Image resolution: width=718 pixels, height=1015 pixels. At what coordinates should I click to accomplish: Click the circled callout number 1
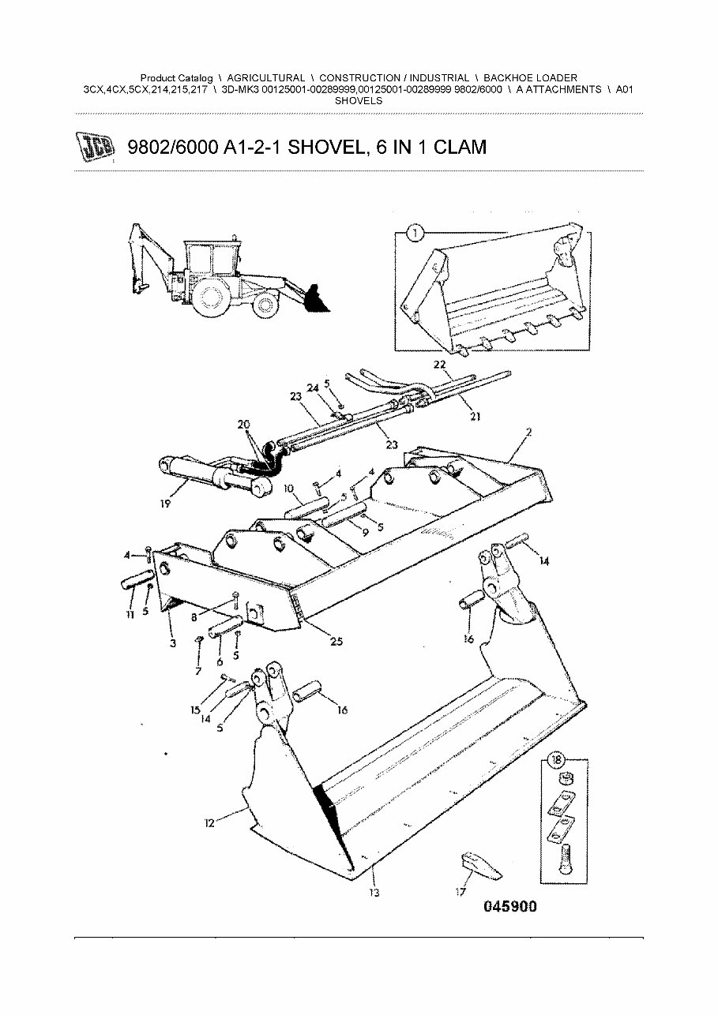tap(415, 233)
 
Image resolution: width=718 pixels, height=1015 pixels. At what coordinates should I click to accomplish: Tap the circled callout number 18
tap(557, 760)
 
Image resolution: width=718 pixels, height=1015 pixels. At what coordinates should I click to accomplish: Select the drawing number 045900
tap(509, 907)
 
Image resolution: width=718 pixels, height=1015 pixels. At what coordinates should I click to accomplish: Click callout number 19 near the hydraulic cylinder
tap(164, 503)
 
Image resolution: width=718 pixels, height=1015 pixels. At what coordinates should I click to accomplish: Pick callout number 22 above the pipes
tap(439, 364)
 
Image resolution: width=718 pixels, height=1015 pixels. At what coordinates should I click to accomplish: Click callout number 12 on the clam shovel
tap(209, 823)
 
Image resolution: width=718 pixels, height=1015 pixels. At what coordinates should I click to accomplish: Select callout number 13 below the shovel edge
tap(374, 893)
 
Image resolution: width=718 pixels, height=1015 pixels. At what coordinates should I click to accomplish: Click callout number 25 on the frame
tap(336, 642)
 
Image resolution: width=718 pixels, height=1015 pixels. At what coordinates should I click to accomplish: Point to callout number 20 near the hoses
tap(242, 424)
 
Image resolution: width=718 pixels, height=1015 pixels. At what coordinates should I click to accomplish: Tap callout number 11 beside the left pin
tap(130, 615)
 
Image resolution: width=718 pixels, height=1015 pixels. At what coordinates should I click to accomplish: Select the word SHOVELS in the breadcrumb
tap(359, 101)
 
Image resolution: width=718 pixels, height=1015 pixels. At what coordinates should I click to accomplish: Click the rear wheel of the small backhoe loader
tap(211, 299)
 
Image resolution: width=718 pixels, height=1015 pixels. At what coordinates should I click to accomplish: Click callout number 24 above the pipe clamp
tap(313, 388)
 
